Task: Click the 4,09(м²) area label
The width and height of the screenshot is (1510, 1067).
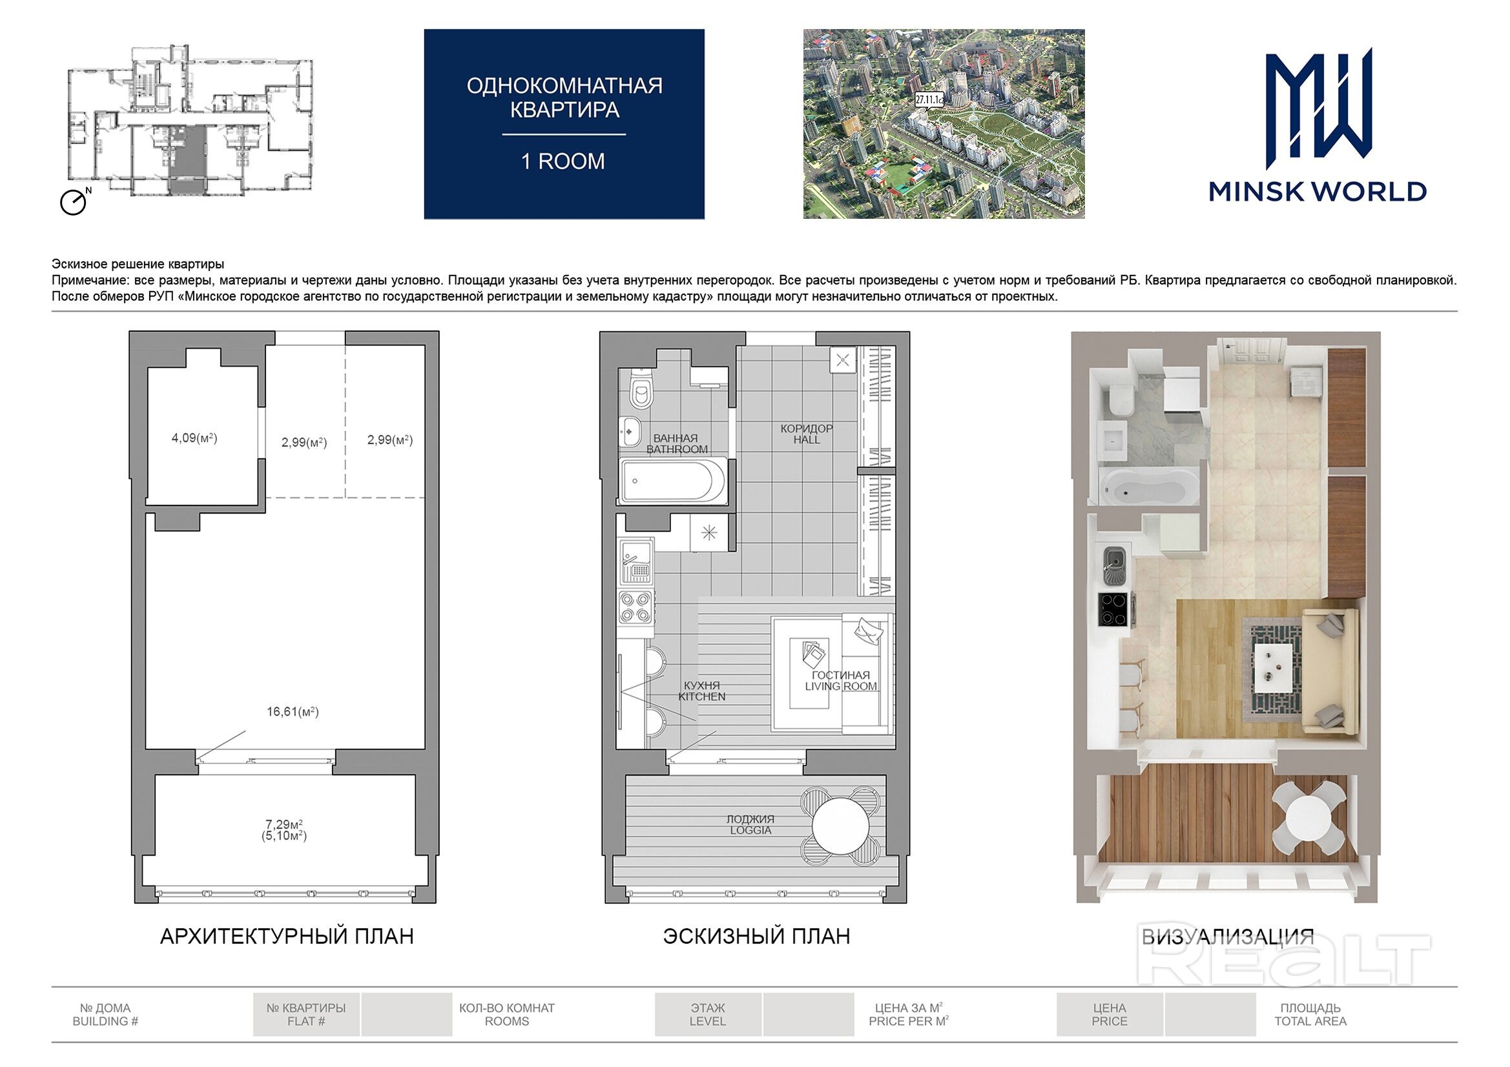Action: tap(194, 438)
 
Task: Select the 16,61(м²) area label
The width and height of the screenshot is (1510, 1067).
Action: tap(293, 711)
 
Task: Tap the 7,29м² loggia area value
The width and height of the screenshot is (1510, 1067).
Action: tap(284, 824)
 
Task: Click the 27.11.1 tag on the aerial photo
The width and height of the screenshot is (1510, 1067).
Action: tap(929, 99)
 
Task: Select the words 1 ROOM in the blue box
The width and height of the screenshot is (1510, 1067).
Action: tap(563, 162)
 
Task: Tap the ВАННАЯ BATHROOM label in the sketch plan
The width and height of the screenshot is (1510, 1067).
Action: tap(676, 443)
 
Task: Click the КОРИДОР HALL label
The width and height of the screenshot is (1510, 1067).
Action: tap(806, 434)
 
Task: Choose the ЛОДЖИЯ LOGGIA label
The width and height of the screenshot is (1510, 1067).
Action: tap(750, 824)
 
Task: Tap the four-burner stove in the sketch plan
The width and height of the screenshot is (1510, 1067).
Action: tap(636, 607)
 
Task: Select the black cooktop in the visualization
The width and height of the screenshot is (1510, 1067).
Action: tap(1115, 609)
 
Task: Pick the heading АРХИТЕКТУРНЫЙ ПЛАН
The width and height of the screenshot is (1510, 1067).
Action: tap(287, 936)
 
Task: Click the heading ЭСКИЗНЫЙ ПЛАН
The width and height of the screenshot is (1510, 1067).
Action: tap(756, 936)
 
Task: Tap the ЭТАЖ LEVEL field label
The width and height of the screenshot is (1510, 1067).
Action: tap(708, 1015)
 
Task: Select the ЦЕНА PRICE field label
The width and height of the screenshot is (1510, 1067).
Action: tap(1110, 1015)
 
